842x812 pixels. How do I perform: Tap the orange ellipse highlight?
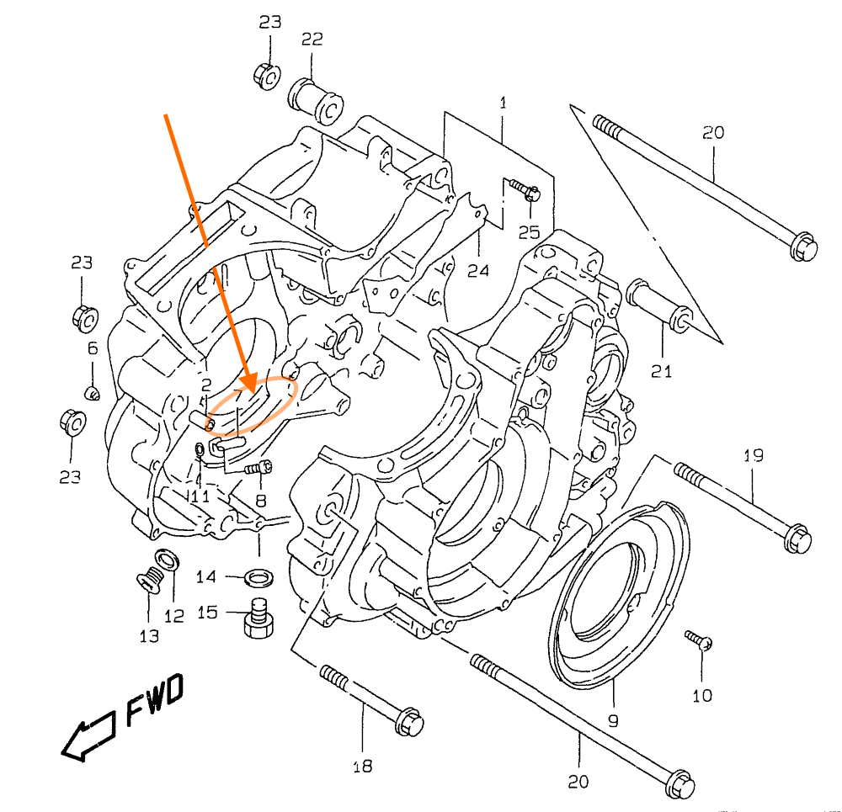(x=253, y=406)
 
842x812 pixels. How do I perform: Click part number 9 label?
(x=613, y=720)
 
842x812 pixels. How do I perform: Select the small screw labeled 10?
(x=700, y=640)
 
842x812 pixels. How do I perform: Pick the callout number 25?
(x=528, y=231)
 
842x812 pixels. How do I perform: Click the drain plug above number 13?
(x=150, y=580)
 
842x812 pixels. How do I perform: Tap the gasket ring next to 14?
(x=259, y=577)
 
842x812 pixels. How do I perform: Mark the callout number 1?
(x=503, y=103)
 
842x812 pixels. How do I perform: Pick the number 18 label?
(x=363, y=766)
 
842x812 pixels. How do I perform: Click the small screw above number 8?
(x=259, y=467)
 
